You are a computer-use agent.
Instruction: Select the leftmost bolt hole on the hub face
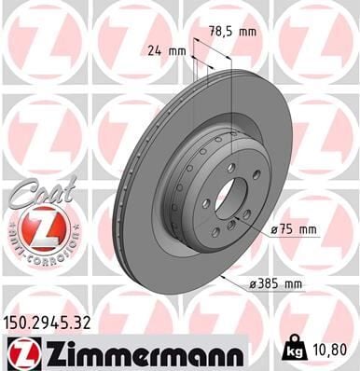[x=205, y=202]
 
